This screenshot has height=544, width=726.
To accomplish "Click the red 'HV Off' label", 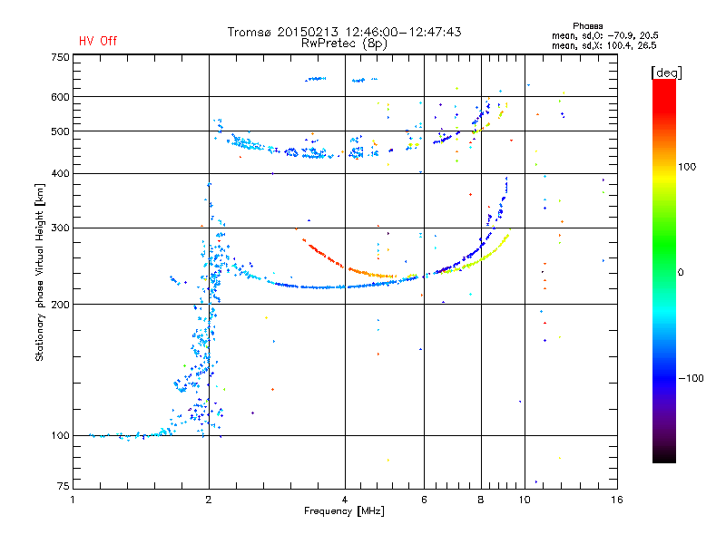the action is click(x=98, y=41).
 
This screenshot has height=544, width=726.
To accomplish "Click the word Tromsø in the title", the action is click(x=249, y=32).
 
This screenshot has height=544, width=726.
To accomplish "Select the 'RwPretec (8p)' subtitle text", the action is click(x=344, y=44).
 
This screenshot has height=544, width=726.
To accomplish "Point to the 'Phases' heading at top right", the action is click(x=587, y=26).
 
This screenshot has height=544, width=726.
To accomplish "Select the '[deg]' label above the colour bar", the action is click(x=666, y=73).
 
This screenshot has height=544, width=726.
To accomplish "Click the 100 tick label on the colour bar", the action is click(x=687, y=167).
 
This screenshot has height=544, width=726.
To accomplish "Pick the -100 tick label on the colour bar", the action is click(x=691, y=378).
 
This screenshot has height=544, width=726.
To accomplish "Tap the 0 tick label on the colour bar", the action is click(x=681, y=273).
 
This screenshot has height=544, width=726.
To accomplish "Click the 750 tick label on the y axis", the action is click(x=60, y=57).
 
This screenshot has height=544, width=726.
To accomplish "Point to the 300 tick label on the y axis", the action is click(x=60, y=228).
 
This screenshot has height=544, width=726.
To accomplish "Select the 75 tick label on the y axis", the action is click(x=64, y=486).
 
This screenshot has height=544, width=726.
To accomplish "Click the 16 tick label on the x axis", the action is click(x=617, y=500).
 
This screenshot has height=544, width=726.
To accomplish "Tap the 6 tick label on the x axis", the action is click(x=424, y=500).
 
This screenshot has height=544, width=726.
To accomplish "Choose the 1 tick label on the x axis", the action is click(x=73, y=500).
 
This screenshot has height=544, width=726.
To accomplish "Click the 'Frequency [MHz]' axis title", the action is click(x=344, y=511).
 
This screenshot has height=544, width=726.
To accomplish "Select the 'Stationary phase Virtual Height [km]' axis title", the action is click(x=40, y=273).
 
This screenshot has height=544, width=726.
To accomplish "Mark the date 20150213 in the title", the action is click(x=308, y=32).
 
